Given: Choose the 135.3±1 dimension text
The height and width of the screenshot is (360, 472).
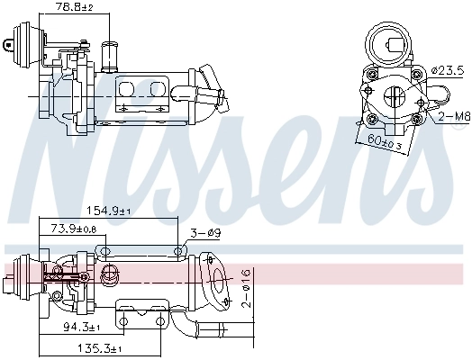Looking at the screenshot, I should click(x=100, y=347).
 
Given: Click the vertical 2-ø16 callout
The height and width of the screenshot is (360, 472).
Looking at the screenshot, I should click(x=247, y=287).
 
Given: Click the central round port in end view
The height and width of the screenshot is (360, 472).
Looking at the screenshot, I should click(x=395, y=99).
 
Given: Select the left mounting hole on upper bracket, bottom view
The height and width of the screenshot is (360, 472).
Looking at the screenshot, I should click(x=105, y=252).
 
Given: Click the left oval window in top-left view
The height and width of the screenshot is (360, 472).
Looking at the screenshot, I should click(x=127, y=89).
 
